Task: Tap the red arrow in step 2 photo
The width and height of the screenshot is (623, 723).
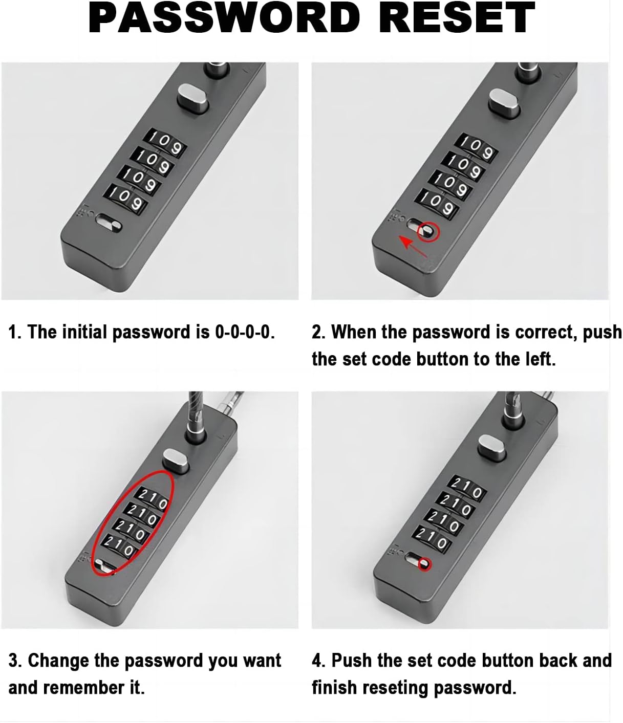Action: click(x=413, y=245)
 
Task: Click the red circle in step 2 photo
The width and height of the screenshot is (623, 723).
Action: click(x=428, y=232)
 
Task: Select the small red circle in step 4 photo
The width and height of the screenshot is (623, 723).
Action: click(x=424, y=564)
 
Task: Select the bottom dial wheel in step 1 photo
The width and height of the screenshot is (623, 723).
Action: click(x=126, y=199)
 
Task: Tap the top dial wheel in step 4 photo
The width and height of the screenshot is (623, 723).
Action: click(x=466, y=489)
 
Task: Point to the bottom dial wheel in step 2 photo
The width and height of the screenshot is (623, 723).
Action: click(x=439, y=203)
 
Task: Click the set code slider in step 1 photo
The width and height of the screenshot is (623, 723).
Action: click(x=109, y=223)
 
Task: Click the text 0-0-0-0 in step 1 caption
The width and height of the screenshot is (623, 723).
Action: click(x=245, y=332)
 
